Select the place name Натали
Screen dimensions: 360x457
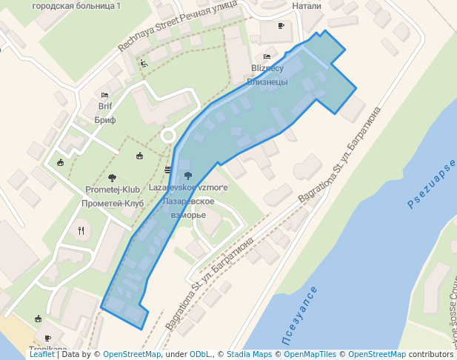click(x=307, y=5)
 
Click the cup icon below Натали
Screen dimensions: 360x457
click(x=281, y=26)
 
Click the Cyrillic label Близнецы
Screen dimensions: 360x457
click(x=267, y=81)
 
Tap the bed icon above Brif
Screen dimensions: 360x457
click(x=104, y=95)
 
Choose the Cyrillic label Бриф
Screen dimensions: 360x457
click(x=105, y=119)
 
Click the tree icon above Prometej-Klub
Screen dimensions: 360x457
click(x=112, y=177)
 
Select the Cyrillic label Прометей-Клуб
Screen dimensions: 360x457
click(x=113, y=203)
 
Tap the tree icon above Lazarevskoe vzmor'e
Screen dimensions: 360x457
click(x=187, y=176)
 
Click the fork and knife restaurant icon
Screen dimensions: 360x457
click(x=81, y=230)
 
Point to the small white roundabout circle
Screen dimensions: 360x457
click(x=168, y=136)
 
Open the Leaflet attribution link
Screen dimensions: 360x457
click(x=41, y=354)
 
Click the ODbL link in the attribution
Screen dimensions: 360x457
click(x=200, y=354)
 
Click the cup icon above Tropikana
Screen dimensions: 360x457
click(x=38, y=319)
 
